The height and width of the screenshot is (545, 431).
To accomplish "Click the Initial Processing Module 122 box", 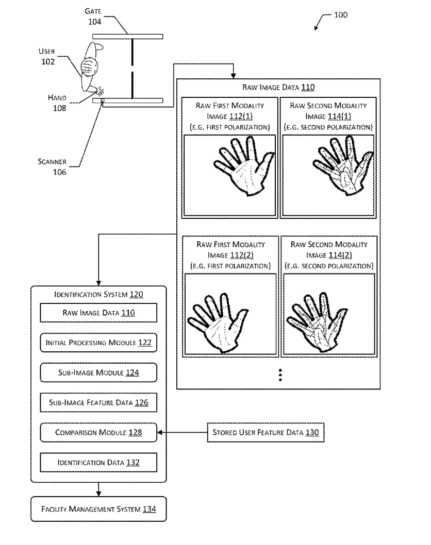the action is click(x=98, y=343).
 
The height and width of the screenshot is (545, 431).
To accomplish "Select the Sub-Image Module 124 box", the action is click(x=98, y=372).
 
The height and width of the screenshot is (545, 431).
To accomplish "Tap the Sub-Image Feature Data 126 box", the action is click(x=98, y=402).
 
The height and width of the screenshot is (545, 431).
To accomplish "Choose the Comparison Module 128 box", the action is click(x=98, y=432).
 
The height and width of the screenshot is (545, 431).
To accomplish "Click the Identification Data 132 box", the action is click(x=98, y=462).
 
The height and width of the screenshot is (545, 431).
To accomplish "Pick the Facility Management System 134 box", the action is click(x=98, y=509).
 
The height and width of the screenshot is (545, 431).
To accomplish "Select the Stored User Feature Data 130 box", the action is click(x=266, y=432).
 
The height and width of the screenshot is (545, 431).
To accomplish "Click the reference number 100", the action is click(x=341, y=15).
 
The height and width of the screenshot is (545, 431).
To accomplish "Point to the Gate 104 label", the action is click(x=93, y=16).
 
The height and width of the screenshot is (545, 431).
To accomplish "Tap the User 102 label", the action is click(x=47, y=56).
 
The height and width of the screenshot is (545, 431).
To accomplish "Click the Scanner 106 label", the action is click(x=52, y=166).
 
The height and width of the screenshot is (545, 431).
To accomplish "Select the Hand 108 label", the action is click(x=57, y=103).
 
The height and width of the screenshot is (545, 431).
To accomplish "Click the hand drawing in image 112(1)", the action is click(x=244, y=166).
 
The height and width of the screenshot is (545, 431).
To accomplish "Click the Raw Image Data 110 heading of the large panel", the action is click(x=278, y=87).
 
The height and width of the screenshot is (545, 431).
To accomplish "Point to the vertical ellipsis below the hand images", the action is click(x=280, y=375).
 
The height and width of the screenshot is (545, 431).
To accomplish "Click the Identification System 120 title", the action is click(x=98, y=295).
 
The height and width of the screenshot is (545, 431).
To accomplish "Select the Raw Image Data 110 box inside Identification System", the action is click(x=98, y=313).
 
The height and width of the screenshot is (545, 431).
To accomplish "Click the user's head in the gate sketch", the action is click(x=89, y=66).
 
